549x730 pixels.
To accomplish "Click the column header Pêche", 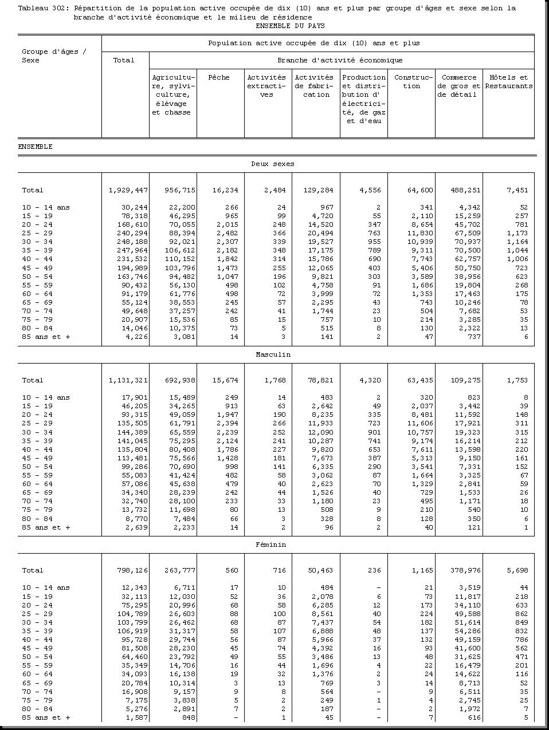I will (219, 77).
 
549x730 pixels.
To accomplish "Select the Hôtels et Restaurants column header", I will (508, 82).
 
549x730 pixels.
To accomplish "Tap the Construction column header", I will (411, 82).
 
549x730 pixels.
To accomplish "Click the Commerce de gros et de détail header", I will (459, 86).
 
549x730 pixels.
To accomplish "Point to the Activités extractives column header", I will (266, 86).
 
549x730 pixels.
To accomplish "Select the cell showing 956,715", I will (180, 190).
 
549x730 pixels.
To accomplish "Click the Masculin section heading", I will (273, 354).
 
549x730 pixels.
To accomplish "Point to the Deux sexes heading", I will (273, 164).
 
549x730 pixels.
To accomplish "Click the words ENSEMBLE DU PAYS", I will (290, 26).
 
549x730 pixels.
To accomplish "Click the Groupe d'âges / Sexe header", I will (54, 56).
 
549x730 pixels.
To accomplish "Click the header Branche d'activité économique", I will (340, 60).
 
